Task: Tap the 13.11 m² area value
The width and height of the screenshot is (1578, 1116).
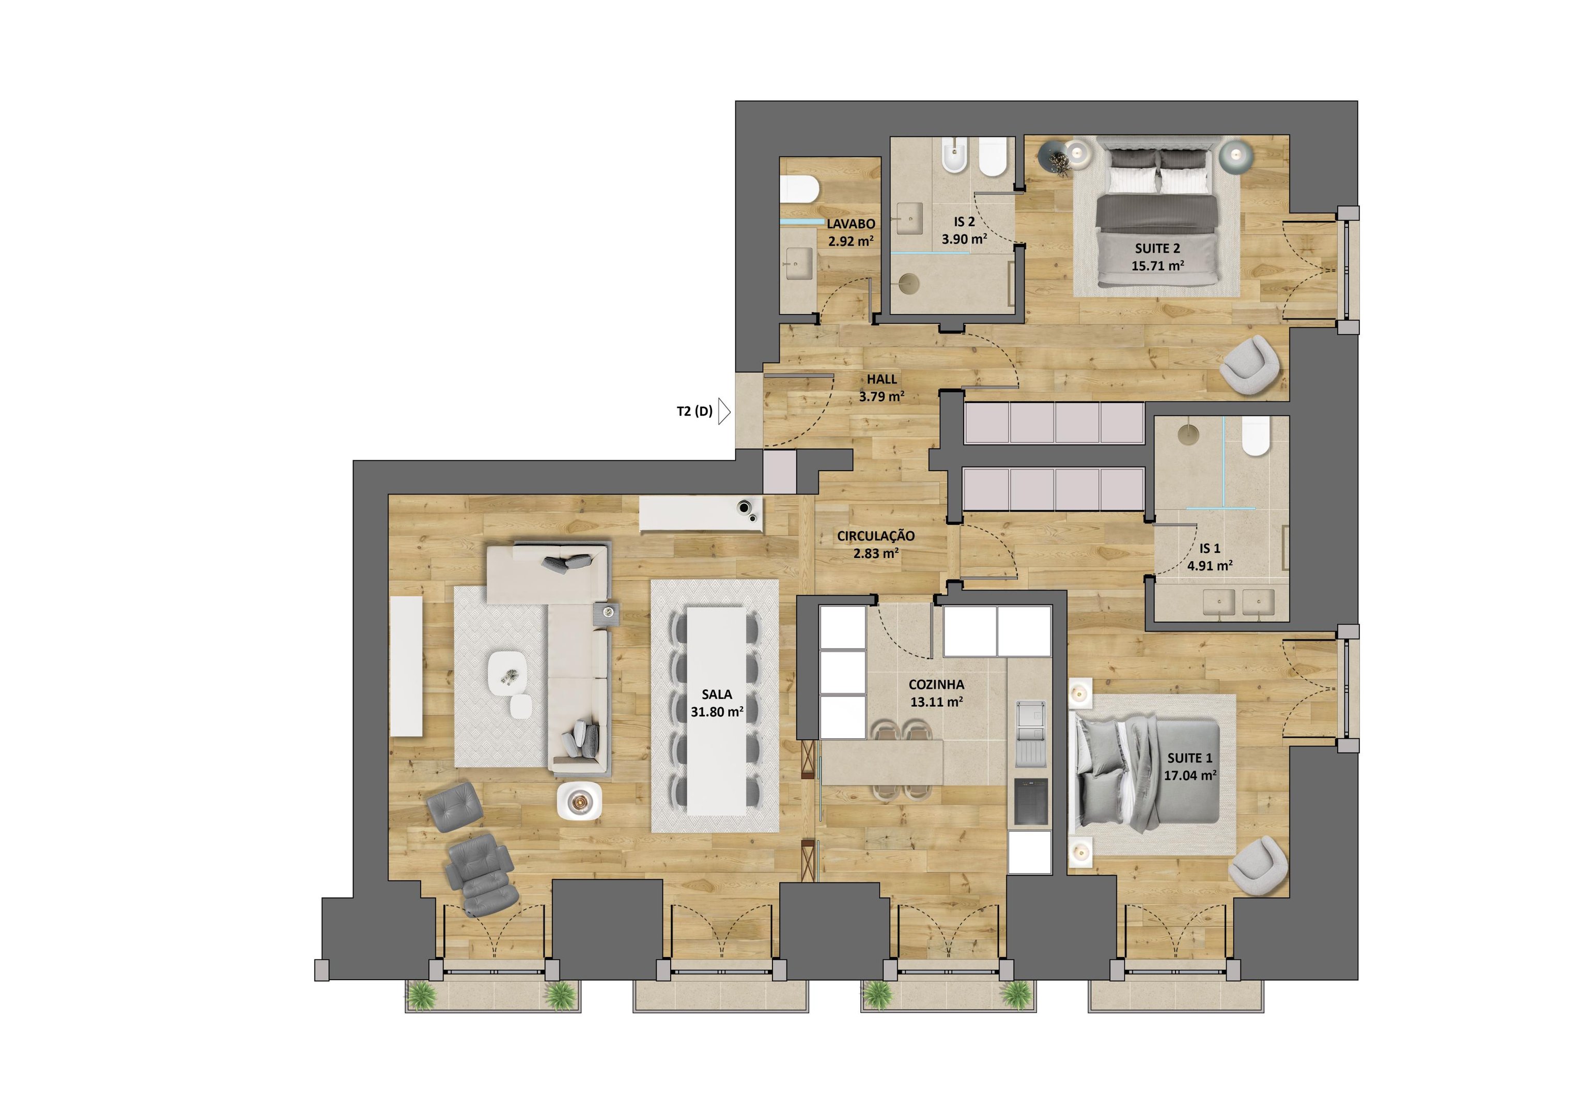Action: [936, 702]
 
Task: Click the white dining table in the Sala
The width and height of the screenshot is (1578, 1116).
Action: [717, 710]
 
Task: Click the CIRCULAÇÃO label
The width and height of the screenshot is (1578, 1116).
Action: [876, 536]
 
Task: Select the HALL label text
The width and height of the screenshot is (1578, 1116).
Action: [882, 379]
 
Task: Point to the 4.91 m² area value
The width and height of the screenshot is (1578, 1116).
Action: [1210, 566]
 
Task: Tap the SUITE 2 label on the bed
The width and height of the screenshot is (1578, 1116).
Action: [1157, 248]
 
